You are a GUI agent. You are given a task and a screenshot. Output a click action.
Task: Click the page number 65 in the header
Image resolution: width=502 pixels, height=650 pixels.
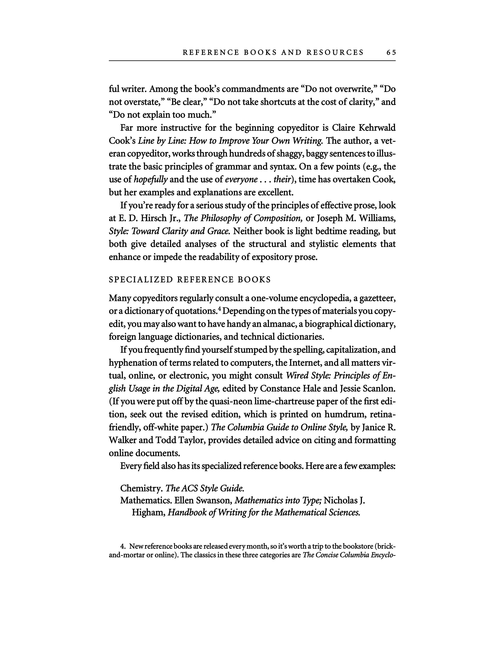tap(391, 52)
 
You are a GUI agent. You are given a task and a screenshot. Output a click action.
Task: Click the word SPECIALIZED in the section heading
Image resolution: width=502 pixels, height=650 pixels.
tap(141, 279)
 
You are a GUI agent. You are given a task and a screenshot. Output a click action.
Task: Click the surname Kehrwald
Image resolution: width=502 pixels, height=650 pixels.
tap(377, 128)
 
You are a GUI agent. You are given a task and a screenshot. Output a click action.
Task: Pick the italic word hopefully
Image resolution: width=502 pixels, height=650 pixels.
tap(151, 179)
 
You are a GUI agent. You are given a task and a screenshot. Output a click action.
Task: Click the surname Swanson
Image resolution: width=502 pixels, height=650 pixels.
tap(214, 500)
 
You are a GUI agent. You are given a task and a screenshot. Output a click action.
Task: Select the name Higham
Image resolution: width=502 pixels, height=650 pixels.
tap(148, 513)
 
